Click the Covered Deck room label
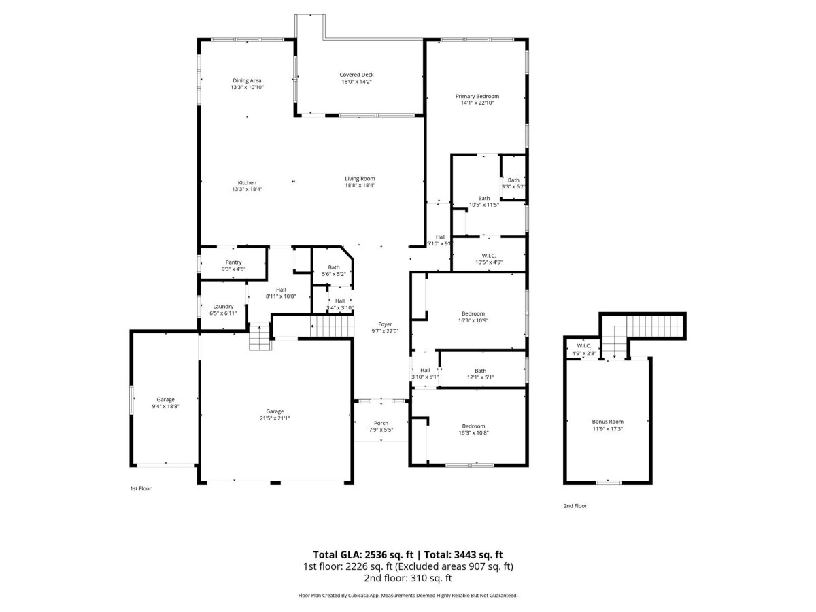[356, 75]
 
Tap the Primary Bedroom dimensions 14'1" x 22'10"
[477, 103]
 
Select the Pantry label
[233, 262]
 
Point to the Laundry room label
[223, 307]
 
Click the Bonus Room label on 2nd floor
[607, 422]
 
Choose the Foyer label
[385, 324]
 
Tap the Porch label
[381, 423]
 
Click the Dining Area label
[247, 80]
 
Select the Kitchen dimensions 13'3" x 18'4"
[247, 189]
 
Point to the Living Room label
[360, 179]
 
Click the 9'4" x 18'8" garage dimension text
[165, 407]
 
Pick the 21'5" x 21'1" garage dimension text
[275, 418]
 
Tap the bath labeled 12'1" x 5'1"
[480, 374]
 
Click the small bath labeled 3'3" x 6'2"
[513, 183]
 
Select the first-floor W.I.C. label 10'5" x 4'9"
[488, 259]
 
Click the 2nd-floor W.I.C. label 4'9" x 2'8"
[583, 350]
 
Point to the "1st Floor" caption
[141, 489]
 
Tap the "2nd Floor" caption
[575, 506]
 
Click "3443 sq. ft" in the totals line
[478, 555]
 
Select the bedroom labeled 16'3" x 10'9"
[473, 317]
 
